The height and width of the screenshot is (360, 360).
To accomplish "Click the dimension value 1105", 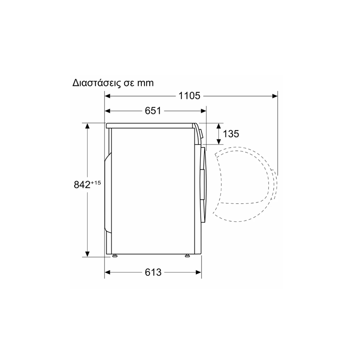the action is point(189,96).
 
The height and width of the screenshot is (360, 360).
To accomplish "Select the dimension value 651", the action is point(153,111).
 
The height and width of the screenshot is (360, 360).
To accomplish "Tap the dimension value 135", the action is point(231,134).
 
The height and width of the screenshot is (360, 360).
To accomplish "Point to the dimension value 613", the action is point(153,272).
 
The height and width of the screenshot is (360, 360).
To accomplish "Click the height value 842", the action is point(82,184).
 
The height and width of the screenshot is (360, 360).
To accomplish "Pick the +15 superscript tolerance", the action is point(96,183).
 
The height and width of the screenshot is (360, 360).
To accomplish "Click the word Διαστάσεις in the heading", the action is point(97,83).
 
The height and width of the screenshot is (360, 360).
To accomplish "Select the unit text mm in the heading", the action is point(145,83).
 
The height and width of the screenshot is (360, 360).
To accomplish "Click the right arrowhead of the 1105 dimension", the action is point(274,96).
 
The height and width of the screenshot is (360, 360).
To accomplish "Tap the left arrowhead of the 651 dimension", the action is point(108,111).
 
